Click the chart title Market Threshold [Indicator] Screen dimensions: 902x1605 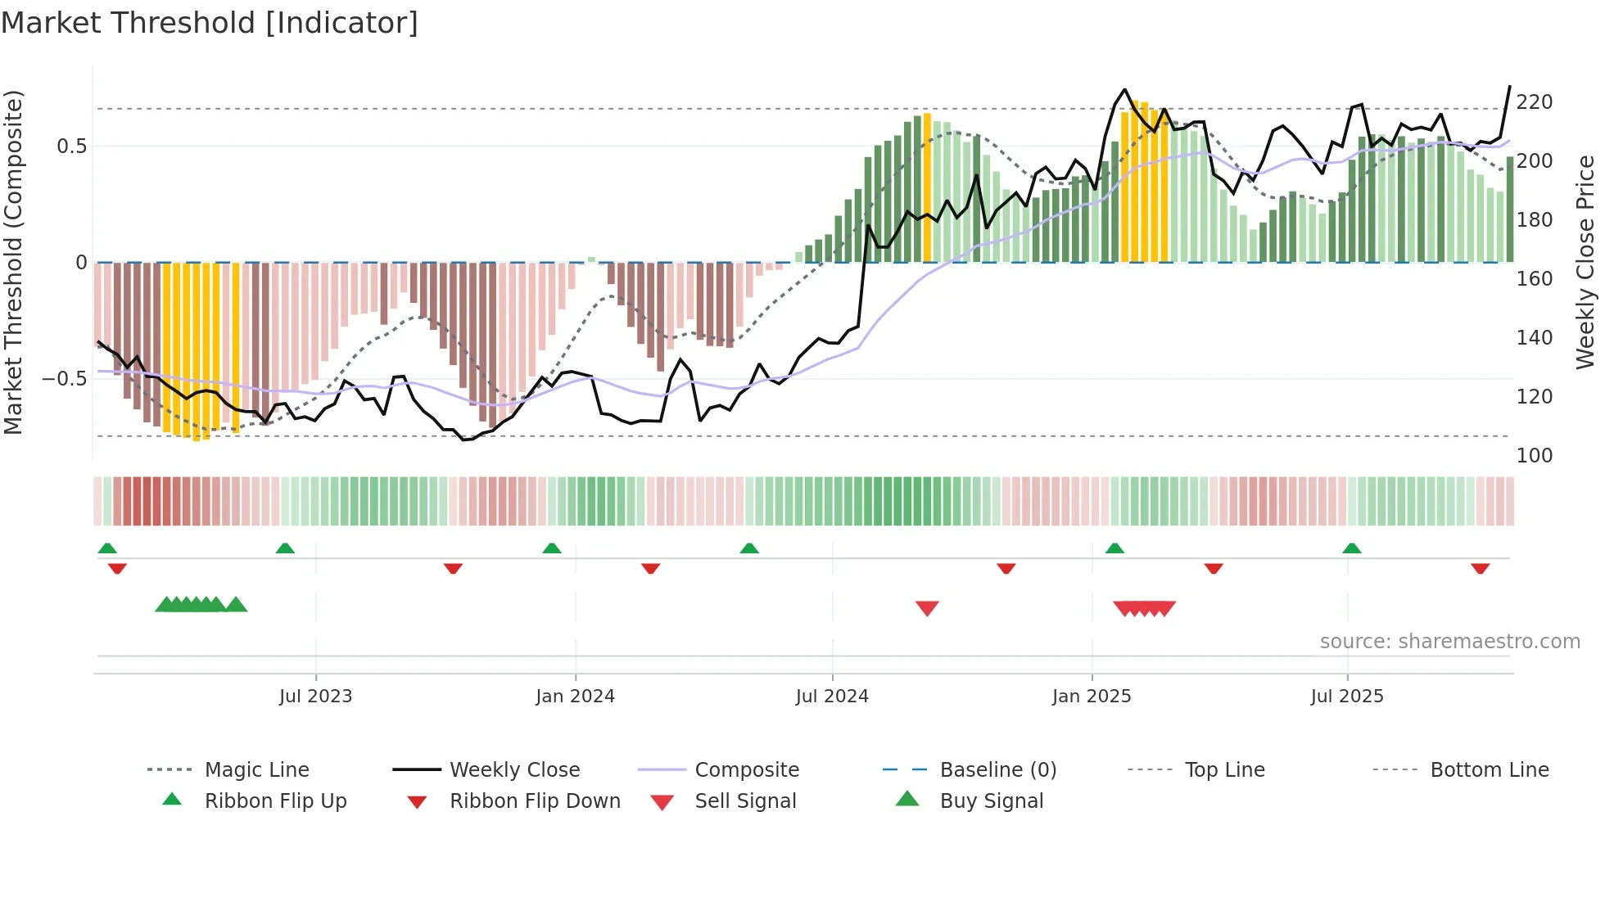(x=210, y=23)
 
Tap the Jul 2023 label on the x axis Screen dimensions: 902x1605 (x=315, y=697)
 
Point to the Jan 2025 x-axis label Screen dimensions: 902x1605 (x=1092, y=697)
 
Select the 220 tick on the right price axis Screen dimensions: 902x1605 (x=1534, y=102)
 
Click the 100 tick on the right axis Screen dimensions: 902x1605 (x=1534, y=456)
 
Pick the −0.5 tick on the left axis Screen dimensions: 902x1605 (x=64, y=379)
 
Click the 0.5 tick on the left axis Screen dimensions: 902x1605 (x=71, y=147)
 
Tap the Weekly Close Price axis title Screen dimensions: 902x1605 (x=1585, y=262)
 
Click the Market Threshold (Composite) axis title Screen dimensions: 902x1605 (x=13, y=262)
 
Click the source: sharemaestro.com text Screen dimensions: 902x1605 (x=1449, y=642)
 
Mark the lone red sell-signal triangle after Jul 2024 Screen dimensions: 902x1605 (x=927, y=608)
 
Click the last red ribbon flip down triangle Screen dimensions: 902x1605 (x=1480, y=569)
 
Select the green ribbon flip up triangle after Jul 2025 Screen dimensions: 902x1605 (x=1352, y=548)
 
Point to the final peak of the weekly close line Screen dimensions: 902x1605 (x=1510, y=87)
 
